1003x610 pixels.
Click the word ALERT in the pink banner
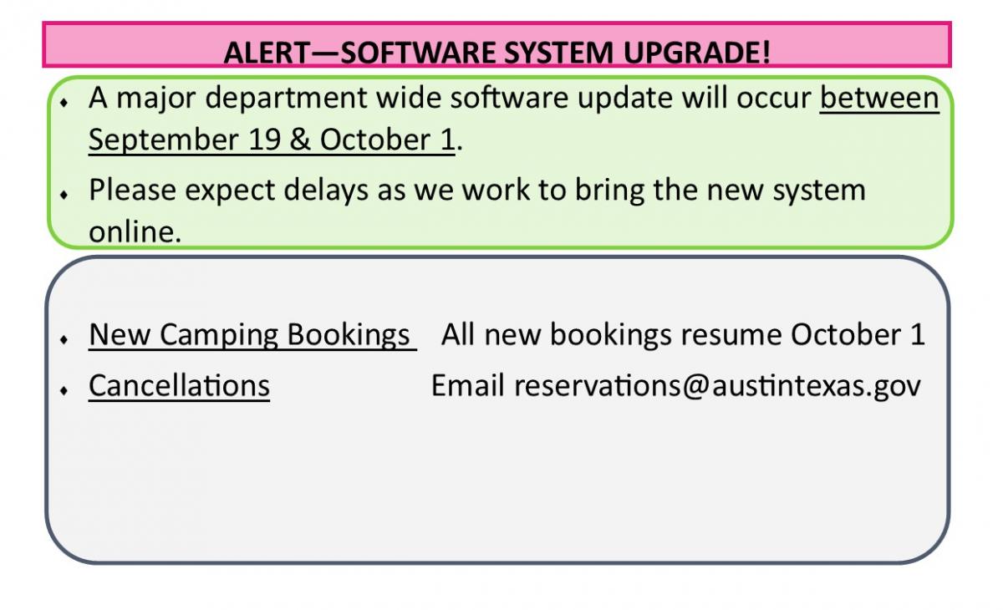[x=266, y=53]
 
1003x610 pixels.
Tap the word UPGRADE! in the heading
[x=697, y=53]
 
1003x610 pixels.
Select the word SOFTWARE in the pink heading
[x=418, y=53]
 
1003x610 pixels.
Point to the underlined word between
[x=879, y=97]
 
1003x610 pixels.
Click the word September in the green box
[x=164, y=140]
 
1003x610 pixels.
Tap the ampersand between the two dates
[x=300, y=140]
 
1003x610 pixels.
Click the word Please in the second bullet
[x=132, y=190]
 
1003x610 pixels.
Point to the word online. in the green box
[x=135, y=231]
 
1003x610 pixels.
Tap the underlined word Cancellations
[x=179, y=385]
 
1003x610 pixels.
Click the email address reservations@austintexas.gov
[x=717, y=387]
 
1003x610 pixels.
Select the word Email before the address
[x=467, y=385]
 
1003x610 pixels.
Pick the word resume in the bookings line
[x=731, y=335]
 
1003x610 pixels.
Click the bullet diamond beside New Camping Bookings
[x=64, y=339]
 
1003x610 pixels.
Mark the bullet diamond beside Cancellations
[x=64, y=390]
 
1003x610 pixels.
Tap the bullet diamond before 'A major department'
[x=64, y=103]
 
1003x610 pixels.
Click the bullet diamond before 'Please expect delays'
[x=64, y=195]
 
